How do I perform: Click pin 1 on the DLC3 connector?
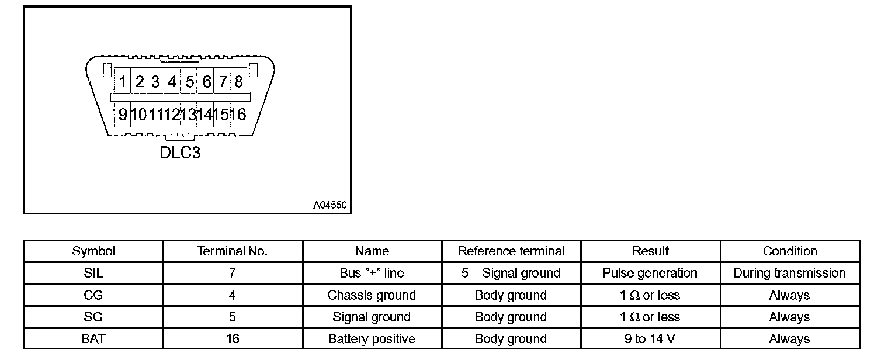(123, 82)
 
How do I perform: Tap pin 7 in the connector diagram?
(223, 82)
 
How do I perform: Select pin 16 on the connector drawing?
(238, 115)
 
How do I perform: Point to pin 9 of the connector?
(123, 115)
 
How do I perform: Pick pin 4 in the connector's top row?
(172, 82)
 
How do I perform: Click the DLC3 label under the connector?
(180, 153)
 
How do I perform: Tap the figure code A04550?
(330, 205)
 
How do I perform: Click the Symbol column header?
(93, 251)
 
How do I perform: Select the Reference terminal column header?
(511, 251)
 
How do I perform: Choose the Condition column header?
(790, 251)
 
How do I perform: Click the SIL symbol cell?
(93, 273)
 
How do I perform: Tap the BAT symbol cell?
(93, 339)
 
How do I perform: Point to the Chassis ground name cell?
(372, 295)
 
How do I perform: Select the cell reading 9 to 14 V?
(650, 339)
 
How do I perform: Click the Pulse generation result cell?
(650, 273)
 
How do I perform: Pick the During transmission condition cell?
(790, 273)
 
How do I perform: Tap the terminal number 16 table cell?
(233, 339)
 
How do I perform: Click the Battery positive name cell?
(372, 339)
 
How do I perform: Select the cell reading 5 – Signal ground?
(511, 273)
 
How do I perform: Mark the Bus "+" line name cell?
(372, 273)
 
